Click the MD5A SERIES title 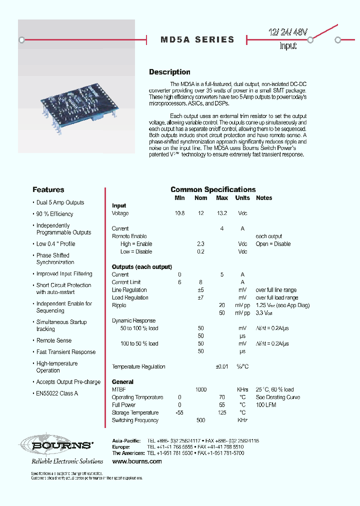197,39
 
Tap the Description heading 169,72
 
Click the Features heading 48,189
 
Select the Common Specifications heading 213,189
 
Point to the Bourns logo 56,444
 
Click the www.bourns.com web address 136,461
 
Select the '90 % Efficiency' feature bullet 54,214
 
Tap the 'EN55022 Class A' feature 57,393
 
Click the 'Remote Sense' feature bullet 53,340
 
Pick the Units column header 242,198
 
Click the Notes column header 264,198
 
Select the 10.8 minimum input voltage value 179,213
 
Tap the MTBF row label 118,389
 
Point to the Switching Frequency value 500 200,420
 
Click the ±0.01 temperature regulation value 221,366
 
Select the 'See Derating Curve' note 278,397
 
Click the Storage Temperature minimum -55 179,413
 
